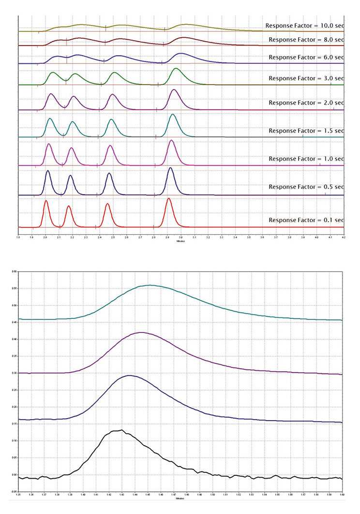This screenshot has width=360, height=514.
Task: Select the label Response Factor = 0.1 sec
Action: (x=306, y=220)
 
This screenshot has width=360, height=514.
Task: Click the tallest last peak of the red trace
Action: (x=168, y=198)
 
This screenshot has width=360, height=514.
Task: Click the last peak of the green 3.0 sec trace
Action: (x=177, y=69)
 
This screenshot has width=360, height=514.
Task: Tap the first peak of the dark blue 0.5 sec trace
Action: (x=47, y=171)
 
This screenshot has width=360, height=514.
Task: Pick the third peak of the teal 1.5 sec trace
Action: (x=111, y=120)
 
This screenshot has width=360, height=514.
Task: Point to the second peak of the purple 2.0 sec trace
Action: (x=74, y=96)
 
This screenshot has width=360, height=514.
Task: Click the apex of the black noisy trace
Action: (x=121, y=430)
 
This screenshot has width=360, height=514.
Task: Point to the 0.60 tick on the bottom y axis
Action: (x=14, y=272)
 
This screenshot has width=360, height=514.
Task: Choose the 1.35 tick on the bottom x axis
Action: (x=18, y=495)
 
